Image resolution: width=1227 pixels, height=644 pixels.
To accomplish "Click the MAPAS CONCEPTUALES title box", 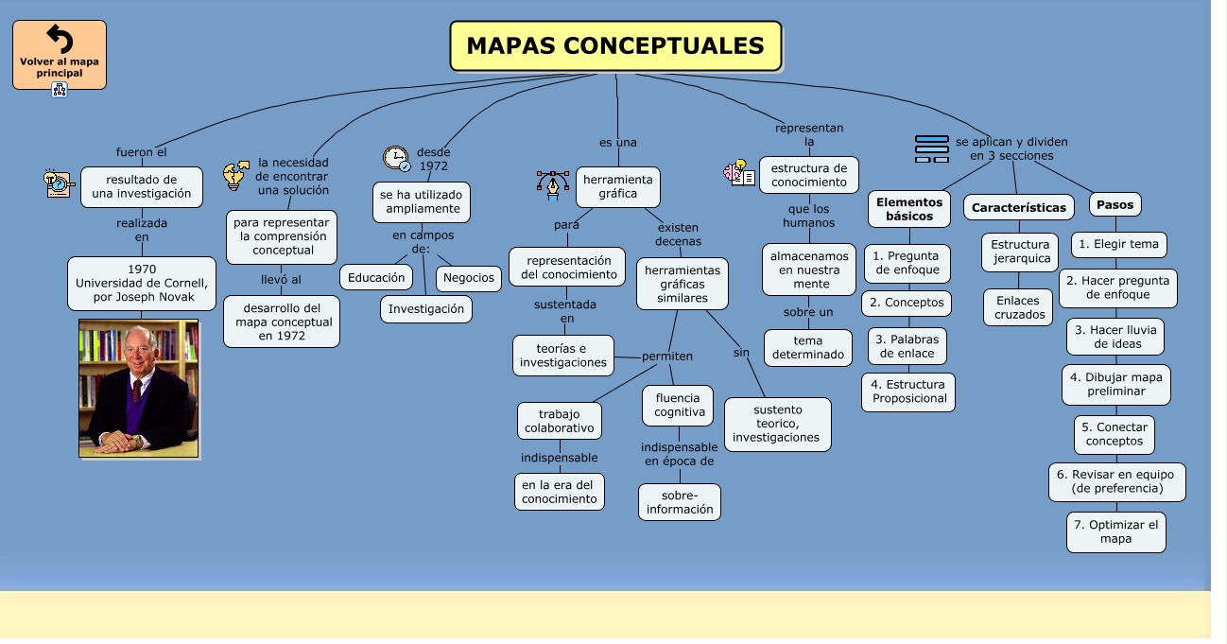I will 615,46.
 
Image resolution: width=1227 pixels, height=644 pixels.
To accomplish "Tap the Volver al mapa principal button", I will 60,55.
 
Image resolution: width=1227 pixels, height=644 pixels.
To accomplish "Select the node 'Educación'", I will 376,277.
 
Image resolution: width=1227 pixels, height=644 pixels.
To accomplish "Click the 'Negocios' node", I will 469,277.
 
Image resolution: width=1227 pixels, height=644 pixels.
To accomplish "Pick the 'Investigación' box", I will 426,309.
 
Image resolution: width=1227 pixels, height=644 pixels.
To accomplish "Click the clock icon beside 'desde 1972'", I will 396,158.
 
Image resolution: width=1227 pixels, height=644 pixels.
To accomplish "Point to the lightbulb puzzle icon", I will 235,175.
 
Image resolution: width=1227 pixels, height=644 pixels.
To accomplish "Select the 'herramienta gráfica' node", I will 618,186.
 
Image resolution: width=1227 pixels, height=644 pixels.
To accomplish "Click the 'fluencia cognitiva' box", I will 679,405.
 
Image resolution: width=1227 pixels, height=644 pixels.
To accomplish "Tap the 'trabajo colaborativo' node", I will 560,421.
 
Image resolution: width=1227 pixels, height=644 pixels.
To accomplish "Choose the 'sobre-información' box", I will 680,502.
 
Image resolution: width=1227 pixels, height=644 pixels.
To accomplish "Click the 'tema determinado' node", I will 808,347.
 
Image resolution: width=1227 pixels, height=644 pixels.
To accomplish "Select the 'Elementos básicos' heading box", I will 909,209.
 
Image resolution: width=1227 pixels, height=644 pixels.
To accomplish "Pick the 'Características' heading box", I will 1019,207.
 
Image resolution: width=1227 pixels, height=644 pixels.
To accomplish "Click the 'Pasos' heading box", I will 1115,204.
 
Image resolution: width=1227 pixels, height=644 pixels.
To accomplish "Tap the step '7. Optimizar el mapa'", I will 1115,532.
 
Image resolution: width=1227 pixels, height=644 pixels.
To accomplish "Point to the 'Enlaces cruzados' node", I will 1019,307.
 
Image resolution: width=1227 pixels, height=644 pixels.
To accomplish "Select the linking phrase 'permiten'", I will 667,357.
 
